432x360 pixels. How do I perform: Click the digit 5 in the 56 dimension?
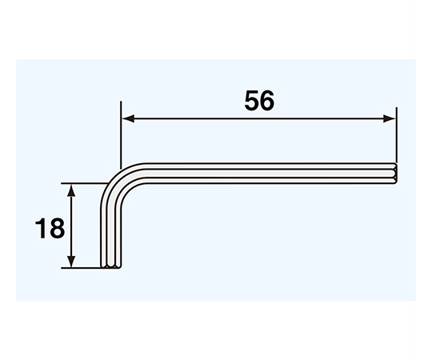[252, 100]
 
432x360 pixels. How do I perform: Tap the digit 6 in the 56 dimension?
[267, 100]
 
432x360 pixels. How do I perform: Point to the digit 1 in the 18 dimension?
[42, 228]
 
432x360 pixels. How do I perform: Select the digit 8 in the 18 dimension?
[58, 228]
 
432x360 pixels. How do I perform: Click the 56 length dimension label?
[259, 100]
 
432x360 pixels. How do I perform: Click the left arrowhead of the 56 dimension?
[128, 118]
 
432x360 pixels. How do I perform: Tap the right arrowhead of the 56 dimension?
[390, 118]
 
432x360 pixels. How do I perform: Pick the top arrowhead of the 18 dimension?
[71, 190]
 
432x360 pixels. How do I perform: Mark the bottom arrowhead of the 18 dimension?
[71, 261]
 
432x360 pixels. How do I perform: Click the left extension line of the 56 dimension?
[121, 134]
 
